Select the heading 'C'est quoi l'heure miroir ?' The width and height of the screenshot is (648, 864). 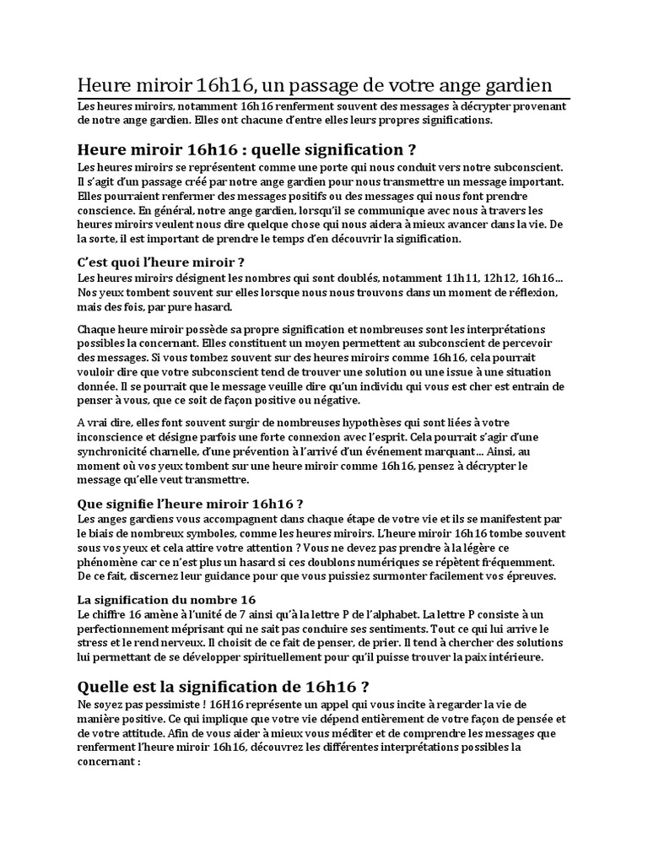pos(161,262)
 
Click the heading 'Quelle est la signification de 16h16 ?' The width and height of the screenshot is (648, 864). pos(224,684)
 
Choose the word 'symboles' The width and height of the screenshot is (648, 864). pos(276,533)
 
